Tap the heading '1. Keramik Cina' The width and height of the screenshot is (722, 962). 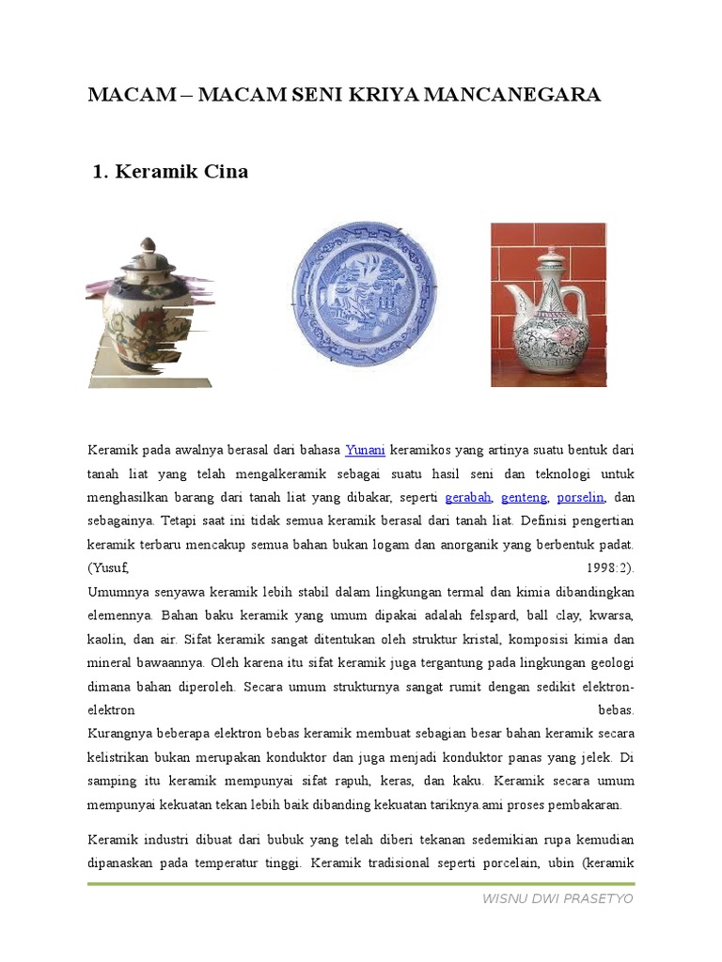coord(170,172)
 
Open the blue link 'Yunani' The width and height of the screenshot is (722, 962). coord(364,449)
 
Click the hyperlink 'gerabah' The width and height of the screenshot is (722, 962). coord(467,497)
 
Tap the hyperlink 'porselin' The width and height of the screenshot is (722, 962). coord(581,497)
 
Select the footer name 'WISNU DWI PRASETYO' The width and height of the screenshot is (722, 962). coord(557,899)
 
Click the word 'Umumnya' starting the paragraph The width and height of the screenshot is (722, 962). coord(117,592)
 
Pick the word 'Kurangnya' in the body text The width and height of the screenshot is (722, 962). coord(119,734)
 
